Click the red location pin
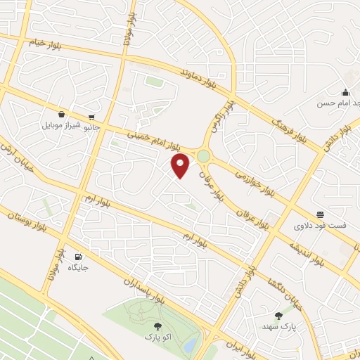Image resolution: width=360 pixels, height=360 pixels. point(181,166)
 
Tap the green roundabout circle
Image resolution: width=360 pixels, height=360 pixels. point(203,155)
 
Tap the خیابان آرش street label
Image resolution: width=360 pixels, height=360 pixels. point(20,165)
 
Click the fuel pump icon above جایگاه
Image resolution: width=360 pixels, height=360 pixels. point(77,257)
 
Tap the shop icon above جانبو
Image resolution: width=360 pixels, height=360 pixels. point(92,117)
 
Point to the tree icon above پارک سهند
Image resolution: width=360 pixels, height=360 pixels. point(278,316)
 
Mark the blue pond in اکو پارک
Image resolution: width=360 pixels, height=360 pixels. point(190,345)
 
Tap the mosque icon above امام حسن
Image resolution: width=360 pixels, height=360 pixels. point(345,92)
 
